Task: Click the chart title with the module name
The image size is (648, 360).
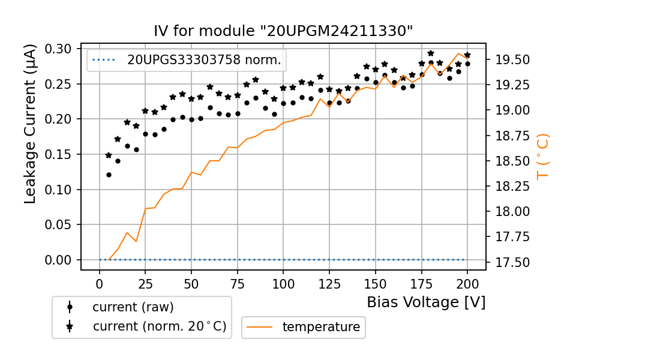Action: (x=283, y=31)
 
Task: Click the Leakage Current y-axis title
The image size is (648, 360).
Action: (x=31, y=124)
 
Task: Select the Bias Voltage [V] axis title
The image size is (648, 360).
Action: (x=426, y=302)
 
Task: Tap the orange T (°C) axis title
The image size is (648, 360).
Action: (x=542, y=156)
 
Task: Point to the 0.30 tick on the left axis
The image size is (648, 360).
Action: (x=60, y=49)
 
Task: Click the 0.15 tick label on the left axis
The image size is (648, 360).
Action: (x=60, y=154)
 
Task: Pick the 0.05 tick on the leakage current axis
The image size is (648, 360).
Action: (x=60, y=225)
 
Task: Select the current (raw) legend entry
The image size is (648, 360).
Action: (x=133, y=307)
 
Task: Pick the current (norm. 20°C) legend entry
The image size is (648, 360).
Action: (x=159, y=326)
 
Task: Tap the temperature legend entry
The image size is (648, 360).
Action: (x=321, y=327)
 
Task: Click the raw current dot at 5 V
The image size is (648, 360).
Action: (x=109, y=175)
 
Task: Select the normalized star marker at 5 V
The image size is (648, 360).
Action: (x=109, y=155)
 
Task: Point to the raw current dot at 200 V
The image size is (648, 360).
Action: (x=467, y=64)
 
